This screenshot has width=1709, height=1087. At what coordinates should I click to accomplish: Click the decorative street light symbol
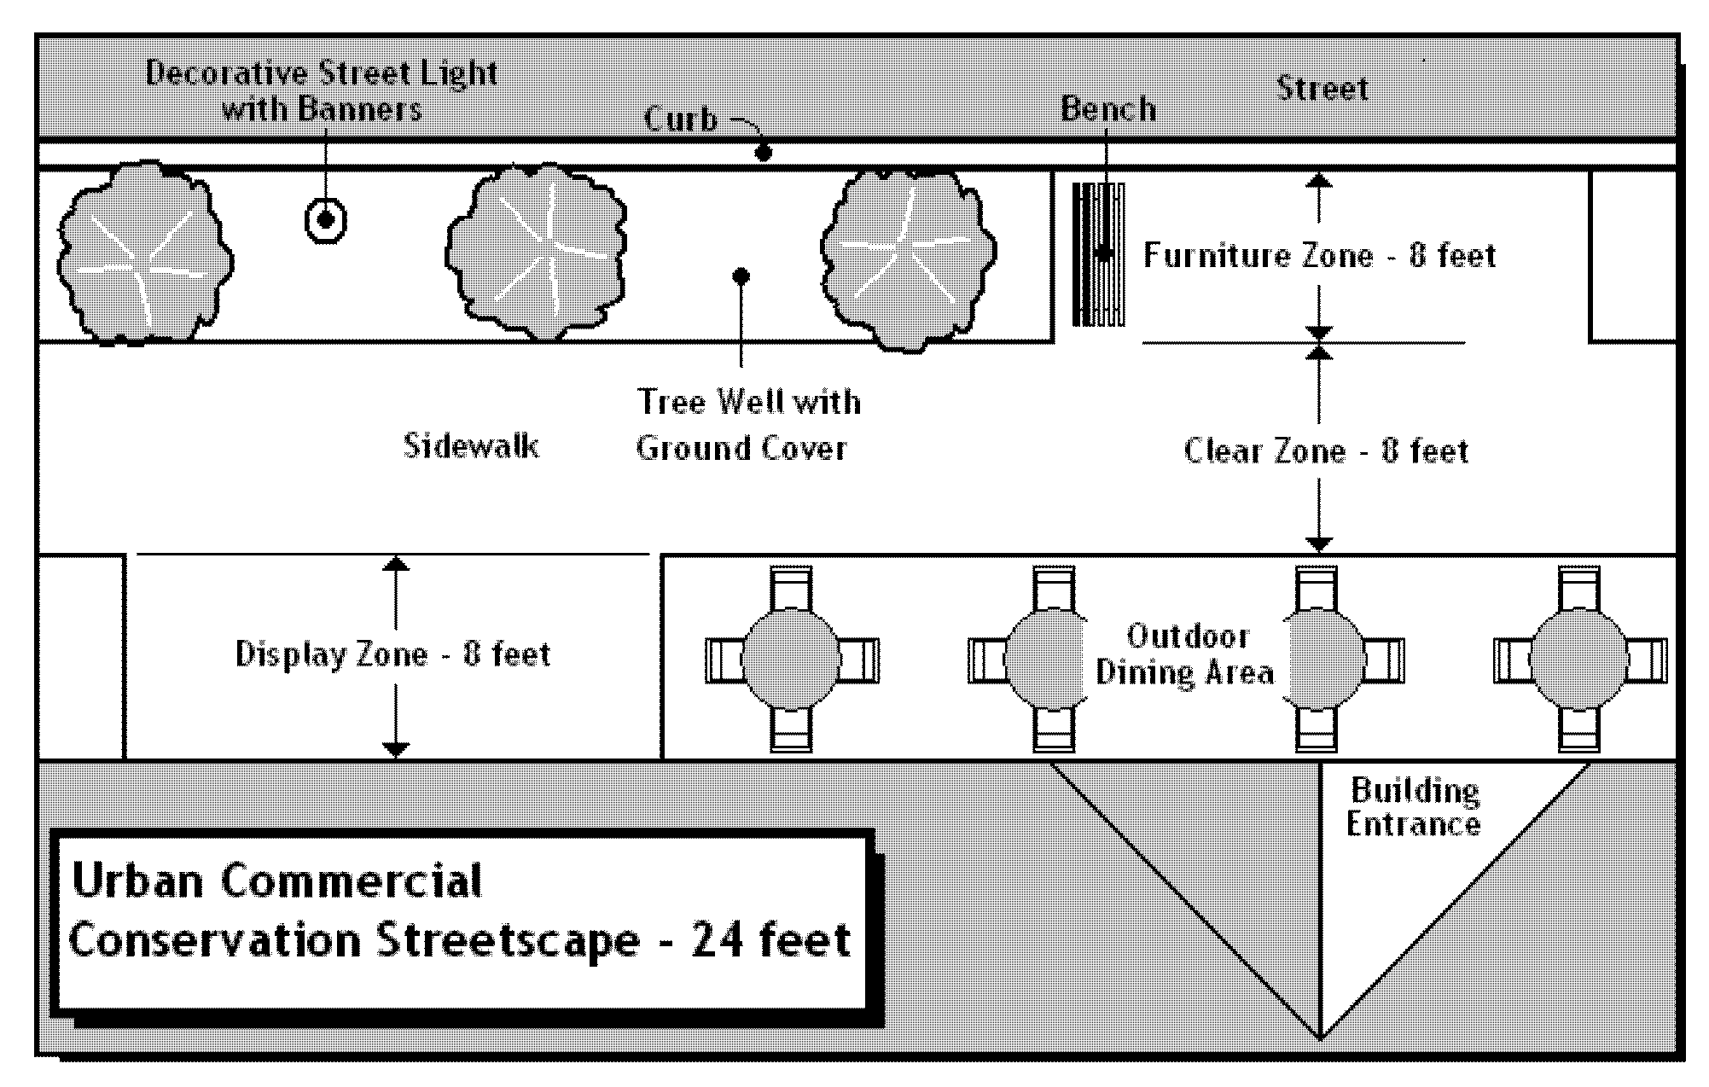pyautogui.click(x=325, y=221)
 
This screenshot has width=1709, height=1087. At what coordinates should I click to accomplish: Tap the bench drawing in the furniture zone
pyautogui.click(x=1098, y=254)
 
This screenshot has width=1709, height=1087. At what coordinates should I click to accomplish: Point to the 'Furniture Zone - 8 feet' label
pyautogui.click(x=1319, y=256)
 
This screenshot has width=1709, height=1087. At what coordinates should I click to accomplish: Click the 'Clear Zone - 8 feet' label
pyautogui.click(x=1326, y=450)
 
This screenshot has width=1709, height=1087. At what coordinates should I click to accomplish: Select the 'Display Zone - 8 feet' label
pyautogui.click(x=392, y=654)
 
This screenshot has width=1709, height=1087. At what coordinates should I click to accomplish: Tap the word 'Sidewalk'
pyautogui.click(x=470, y=445)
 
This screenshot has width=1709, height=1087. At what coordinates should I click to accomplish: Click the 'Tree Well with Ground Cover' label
pyautogui.click(x=747, y=425)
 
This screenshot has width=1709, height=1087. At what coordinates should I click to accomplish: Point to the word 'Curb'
pyautogui.click(x=681, y=119)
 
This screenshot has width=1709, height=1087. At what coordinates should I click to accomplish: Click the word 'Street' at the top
pyautogui.click(x=1322, y=89)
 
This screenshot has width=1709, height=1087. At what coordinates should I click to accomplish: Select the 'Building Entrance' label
pyautogui.click(x=1414, y=807)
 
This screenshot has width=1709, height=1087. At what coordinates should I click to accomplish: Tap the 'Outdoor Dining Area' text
pyautogui.click(x=1186, y=654)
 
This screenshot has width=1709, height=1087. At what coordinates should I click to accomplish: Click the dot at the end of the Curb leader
pyautogui.click(x=764, y=154)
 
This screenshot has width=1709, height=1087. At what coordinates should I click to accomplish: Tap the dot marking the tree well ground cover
pyautogui.click(x=741, y=276)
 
